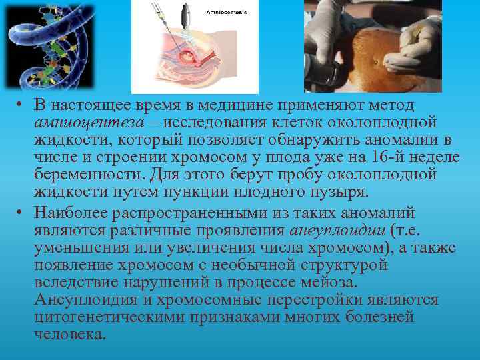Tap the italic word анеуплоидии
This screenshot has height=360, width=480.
click(332, 231)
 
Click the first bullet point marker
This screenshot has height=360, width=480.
click(22, 107)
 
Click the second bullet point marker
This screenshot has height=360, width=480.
click(22, 214)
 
